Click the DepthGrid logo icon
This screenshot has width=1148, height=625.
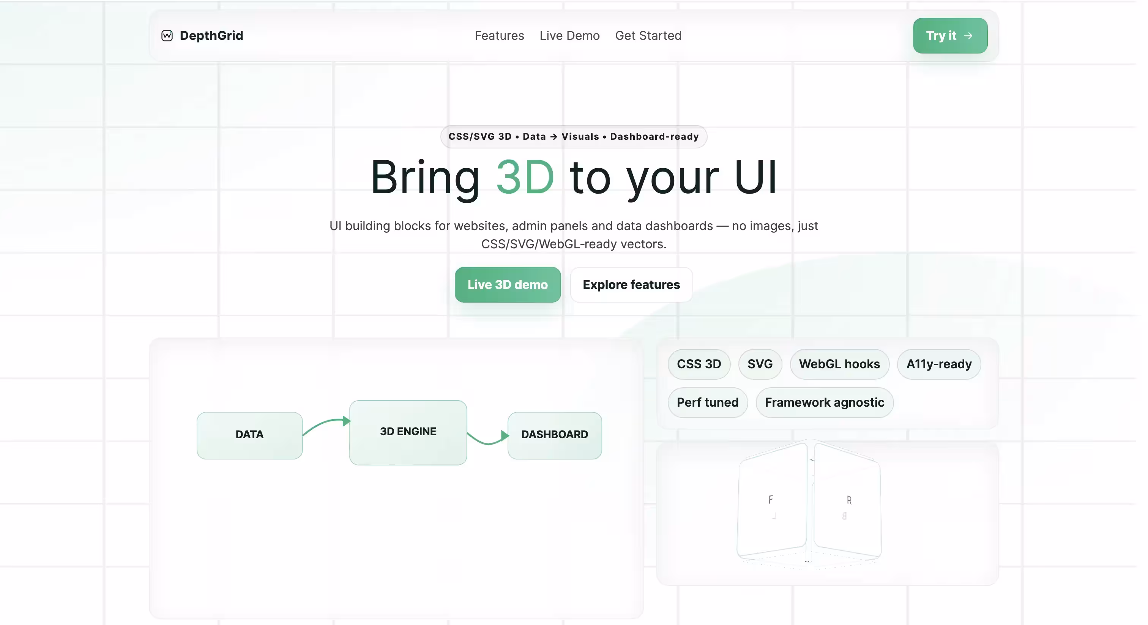pyautogui.click(x=167, y=36)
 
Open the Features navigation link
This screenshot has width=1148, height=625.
pyautogui.click(x=499, y=36)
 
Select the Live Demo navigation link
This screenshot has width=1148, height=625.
pyautogui.click(x=569, y=36)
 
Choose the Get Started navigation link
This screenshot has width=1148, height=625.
pyautogui.click(x=648, y=36)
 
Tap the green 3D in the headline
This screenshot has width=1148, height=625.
pyautogui.click(x=525, y=177)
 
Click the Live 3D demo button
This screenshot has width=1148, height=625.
pyautogui.click(x=508, y=284)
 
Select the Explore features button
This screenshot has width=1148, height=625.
pyautogui.click(x=631, y=284)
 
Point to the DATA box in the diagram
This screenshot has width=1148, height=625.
pyautogui.click(x=249, y=435)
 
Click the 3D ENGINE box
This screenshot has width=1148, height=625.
pyautogui.click(x=408, y=432)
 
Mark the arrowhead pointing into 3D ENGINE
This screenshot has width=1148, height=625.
pyautogui.click(x=346, y=421)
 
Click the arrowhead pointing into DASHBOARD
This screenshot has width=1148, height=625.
pyautogui.click(x=505, y=436)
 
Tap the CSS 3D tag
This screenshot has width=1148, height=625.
pyautogui.click(x=699, y=364)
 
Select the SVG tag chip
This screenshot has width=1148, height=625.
pyautogui.click(x=760, y=364)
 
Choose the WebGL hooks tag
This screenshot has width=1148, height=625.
pyautogui.click(x=839, y=364)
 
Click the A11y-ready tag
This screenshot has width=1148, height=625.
pyautogui.click(x=939, y=364)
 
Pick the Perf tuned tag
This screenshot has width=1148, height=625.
pyautogui.click(x=707, y=402)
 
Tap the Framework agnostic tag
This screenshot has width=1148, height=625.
pyautogui.click(x=825, y=402)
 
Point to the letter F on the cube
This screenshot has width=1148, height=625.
pyautogui.click(x=771, y=500)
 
